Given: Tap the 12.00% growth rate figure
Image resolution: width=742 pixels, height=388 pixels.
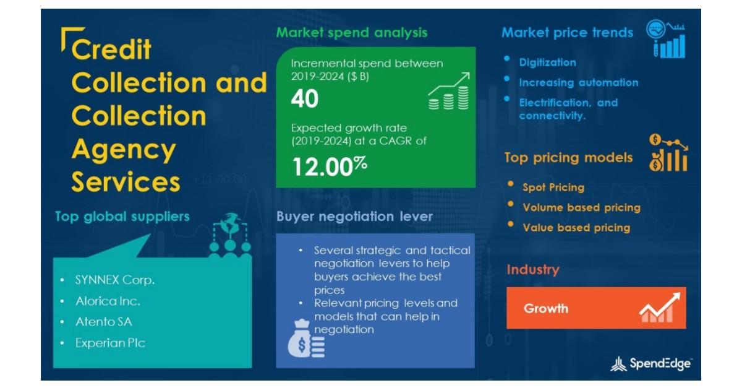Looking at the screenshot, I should (330, 166).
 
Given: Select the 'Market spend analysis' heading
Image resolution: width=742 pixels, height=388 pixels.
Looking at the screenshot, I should (351, 32).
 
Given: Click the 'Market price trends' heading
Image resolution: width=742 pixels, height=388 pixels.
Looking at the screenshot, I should (567, 33).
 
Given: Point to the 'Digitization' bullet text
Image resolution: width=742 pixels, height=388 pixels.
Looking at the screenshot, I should (547, 63).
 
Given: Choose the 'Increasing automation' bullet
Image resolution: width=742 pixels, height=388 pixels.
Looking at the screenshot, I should (578, 82).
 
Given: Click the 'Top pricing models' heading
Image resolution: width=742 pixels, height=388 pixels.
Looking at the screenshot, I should (568, 158).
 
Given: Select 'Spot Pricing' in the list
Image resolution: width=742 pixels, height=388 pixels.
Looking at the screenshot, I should (553, 188).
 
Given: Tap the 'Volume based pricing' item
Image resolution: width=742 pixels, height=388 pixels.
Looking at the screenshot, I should (581, 208).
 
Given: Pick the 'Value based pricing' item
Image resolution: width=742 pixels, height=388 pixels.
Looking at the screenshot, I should (576, 228).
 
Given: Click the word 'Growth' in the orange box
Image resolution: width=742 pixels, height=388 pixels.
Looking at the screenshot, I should (546, 308).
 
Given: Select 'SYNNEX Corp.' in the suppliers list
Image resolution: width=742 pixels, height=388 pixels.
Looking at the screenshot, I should (115, 280).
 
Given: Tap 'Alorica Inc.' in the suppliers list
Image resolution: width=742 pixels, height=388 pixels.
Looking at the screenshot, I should (108, 301).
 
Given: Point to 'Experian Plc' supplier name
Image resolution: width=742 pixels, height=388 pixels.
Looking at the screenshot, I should (110, 342).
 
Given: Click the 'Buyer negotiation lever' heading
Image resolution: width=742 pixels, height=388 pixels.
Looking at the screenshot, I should (354, 217).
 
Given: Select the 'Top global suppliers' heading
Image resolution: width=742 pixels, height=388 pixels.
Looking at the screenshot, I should (122, 217).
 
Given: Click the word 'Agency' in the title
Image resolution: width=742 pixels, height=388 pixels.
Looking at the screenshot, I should (124, 149).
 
